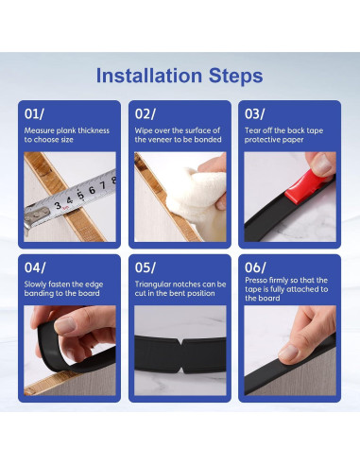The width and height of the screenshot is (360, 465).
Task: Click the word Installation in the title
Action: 149,76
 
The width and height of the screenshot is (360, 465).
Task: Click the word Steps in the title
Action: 235,77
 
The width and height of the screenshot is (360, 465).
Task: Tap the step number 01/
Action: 34,113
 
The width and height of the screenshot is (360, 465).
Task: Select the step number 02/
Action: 145,113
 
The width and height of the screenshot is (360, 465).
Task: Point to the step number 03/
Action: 255,113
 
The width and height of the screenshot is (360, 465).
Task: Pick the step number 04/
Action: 35,267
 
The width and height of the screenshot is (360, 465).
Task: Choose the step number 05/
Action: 145,267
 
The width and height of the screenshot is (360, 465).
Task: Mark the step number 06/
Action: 255,267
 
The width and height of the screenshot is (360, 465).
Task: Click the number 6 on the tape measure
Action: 92,190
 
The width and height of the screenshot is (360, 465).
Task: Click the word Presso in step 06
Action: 256,280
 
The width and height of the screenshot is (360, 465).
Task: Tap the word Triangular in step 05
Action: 152,284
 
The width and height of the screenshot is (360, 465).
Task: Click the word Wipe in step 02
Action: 144,130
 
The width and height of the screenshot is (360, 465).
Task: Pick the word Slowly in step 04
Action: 35,284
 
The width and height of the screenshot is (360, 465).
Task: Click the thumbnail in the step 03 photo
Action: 322,163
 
